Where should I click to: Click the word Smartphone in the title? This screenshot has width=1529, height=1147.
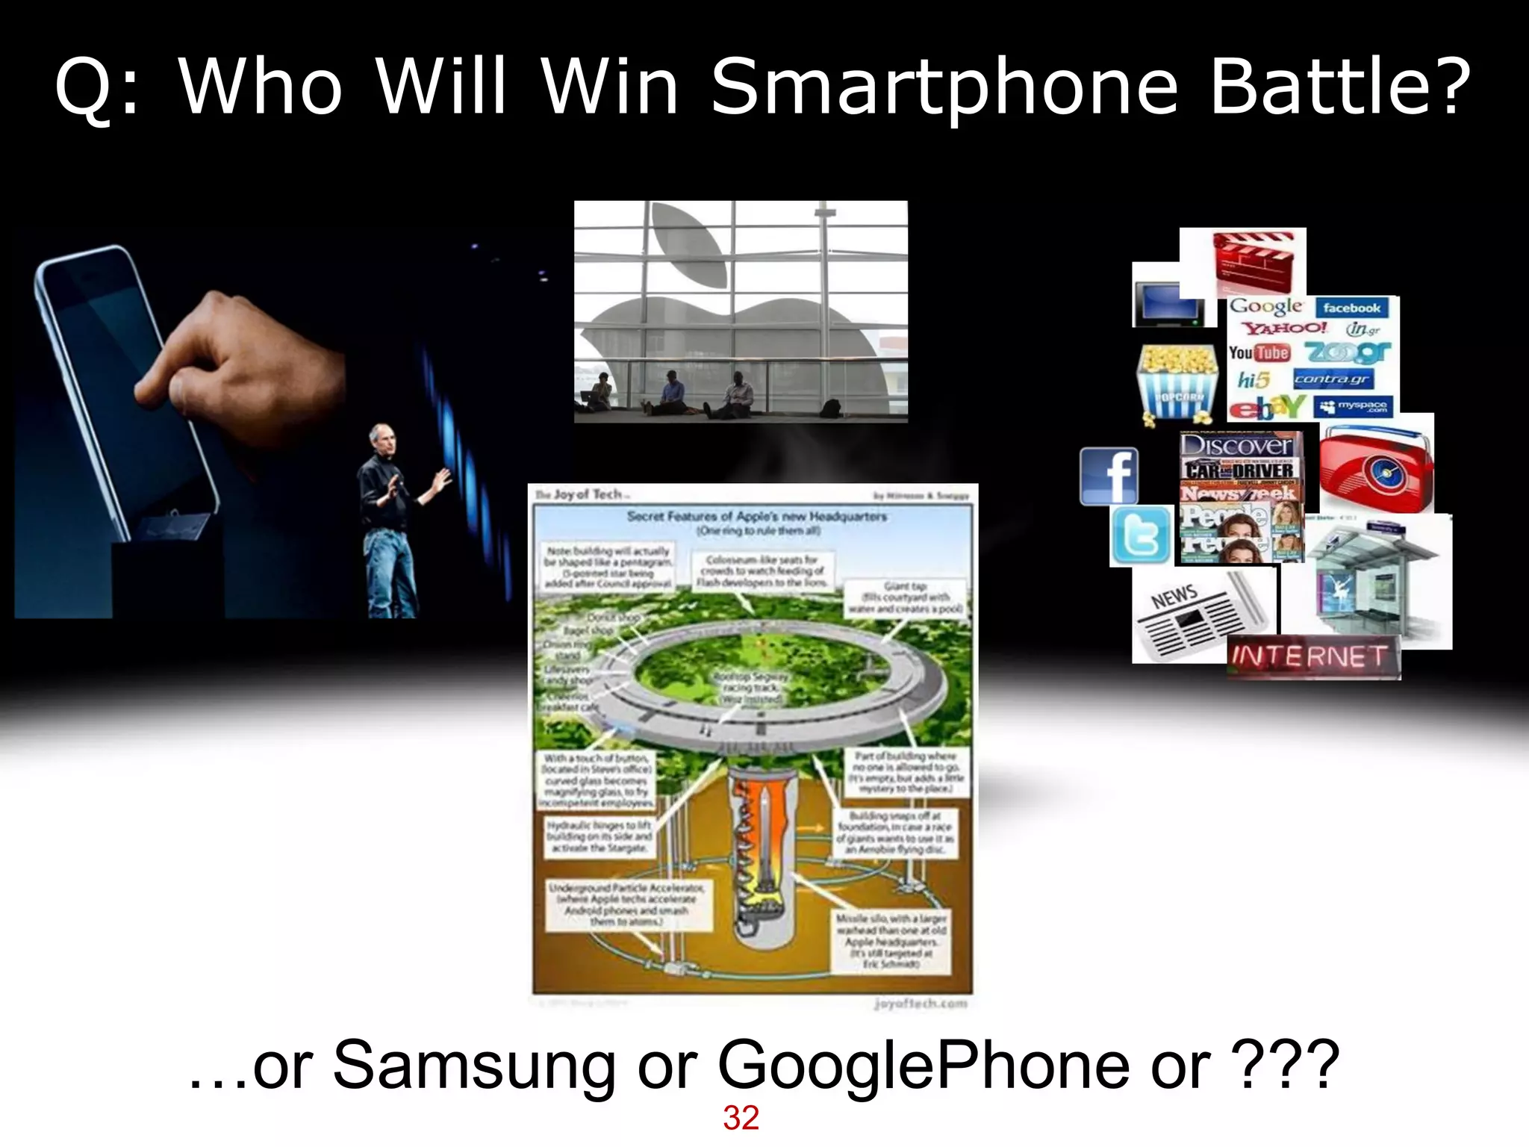(x=944, y=88)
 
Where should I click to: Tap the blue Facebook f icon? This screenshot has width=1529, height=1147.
(x=1109, y=476)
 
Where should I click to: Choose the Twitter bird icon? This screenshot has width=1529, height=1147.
(x=1140, y=535)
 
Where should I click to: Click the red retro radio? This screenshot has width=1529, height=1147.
(x=1375, y=467)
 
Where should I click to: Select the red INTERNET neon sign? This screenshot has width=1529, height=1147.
(x=1312, y=657)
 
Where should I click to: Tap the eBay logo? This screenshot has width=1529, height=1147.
(x=1267, y=408)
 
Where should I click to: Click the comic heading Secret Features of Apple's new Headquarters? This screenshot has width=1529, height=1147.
(x=756, y=516)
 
